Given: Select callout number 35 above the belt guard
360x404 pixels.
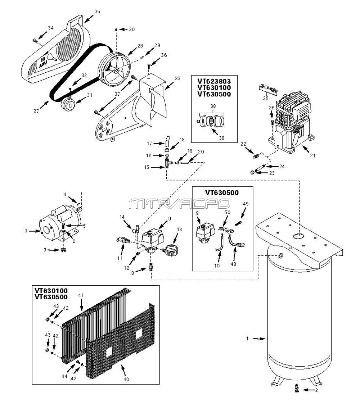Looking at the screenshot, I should [x=97, y=12].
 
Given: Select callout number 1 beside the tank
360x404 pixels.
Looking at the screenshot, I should [x=247, y=339].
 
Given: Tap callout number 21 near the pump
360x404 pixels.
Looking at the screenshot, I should [x=312, y=156].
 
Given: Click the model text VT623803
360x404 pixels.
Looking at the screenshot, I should [x=214, y=81].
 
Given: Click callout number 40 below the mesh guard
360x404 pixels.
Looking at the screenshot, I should [x=126, y=379].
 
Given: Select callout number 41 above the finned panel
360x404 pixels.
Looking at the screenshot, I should [x=81, y=295].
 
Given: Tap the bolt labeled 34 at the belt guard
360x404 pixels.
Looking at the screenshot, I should [x=35, y=41].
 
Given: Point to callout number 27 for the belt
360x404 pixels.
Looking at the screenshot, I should [x=36, y=112].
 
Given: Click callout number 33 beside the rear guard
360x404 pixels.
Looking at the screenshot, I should [x=177, y=78].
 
